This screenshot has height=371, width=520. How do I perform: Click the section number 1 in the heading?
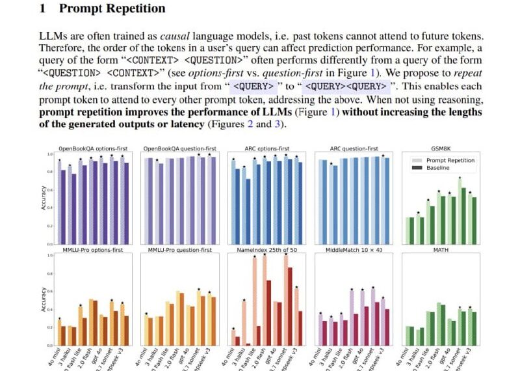tap(42, 9)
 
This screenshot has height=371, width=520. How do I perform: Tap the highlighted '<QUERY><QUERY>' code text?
tap(345, 86)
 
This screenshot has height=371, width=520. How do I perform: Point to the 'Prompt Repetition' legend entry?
tap(450, 160)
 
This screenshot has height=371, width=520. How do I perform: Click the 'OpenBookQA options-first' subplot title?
tap(95, 149)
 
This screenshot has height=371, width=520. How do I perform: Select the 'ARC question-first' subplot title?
tap(353, 149)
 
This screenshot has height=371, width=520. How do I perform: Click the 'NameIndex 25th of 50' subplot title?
tap(266, 249)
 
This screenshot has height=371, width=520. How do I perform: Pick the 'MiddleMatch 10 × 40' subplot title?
tap(353, 249)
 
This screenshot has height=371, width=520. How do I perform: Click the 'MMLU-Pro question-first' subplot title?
tap(181, 249)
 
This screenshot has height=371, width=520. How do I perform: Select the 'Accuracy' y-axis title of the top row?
tap(44, 199)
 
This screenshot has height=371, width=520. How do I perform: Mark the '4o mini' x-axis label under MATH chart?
tap(405, 357)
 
